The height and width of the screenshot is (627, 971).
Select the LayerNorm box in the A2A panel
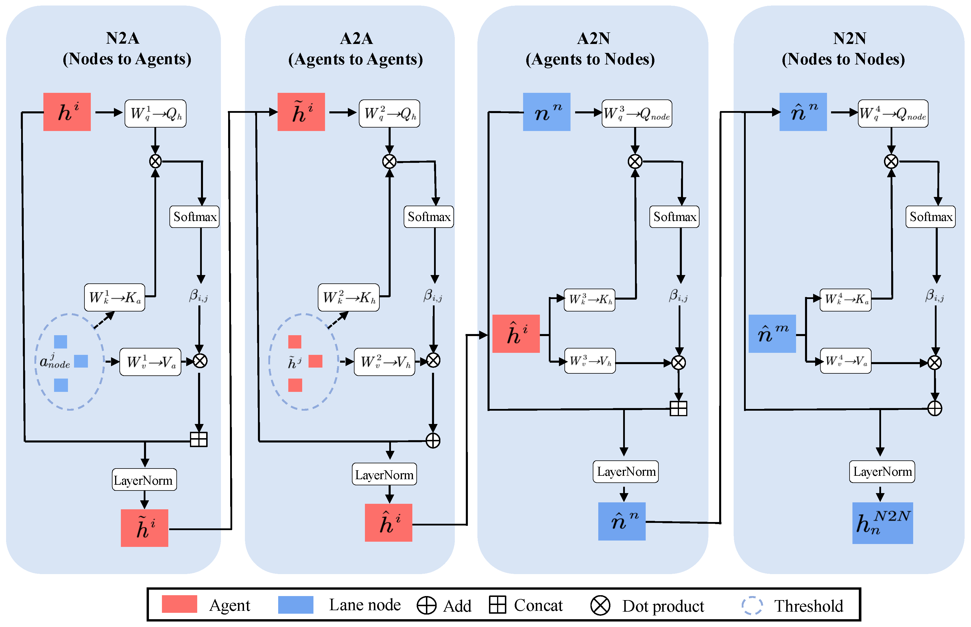pos(384,474)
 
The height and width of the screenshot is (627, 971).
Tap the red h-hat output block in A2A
pos(388,523)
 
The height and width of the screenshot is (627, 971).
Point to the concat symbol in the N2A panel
pos(199,439)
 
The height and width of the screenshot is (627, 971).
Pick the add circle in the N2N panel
pos(935,408)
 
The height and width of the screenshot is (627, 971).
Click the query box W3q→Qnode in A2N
pos(636,114)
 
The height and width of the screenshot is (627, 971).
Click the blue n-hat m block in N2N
pos(772,334)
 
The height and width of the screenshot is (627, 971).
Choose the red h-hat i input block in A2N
pos(516,334)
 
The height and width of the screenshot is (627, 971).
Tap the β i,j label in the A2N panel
pos(678,296)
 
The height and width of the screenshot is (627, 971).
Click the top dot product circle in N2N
pos(891,162)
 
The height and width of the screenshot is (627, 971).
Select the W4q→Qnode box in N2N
pos(893,114)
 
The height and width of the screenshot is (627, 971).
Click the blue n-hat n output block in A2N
pos(622,521)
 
